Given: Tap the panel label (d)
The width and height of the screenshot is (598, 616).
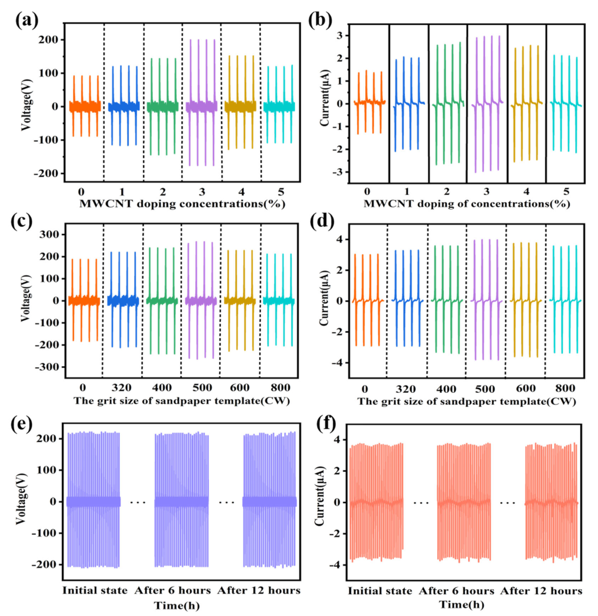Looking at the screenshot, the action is click(322, 223).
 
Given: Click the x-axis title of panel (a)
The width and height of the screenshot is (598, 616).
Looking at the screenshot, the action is click(182, 204).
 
